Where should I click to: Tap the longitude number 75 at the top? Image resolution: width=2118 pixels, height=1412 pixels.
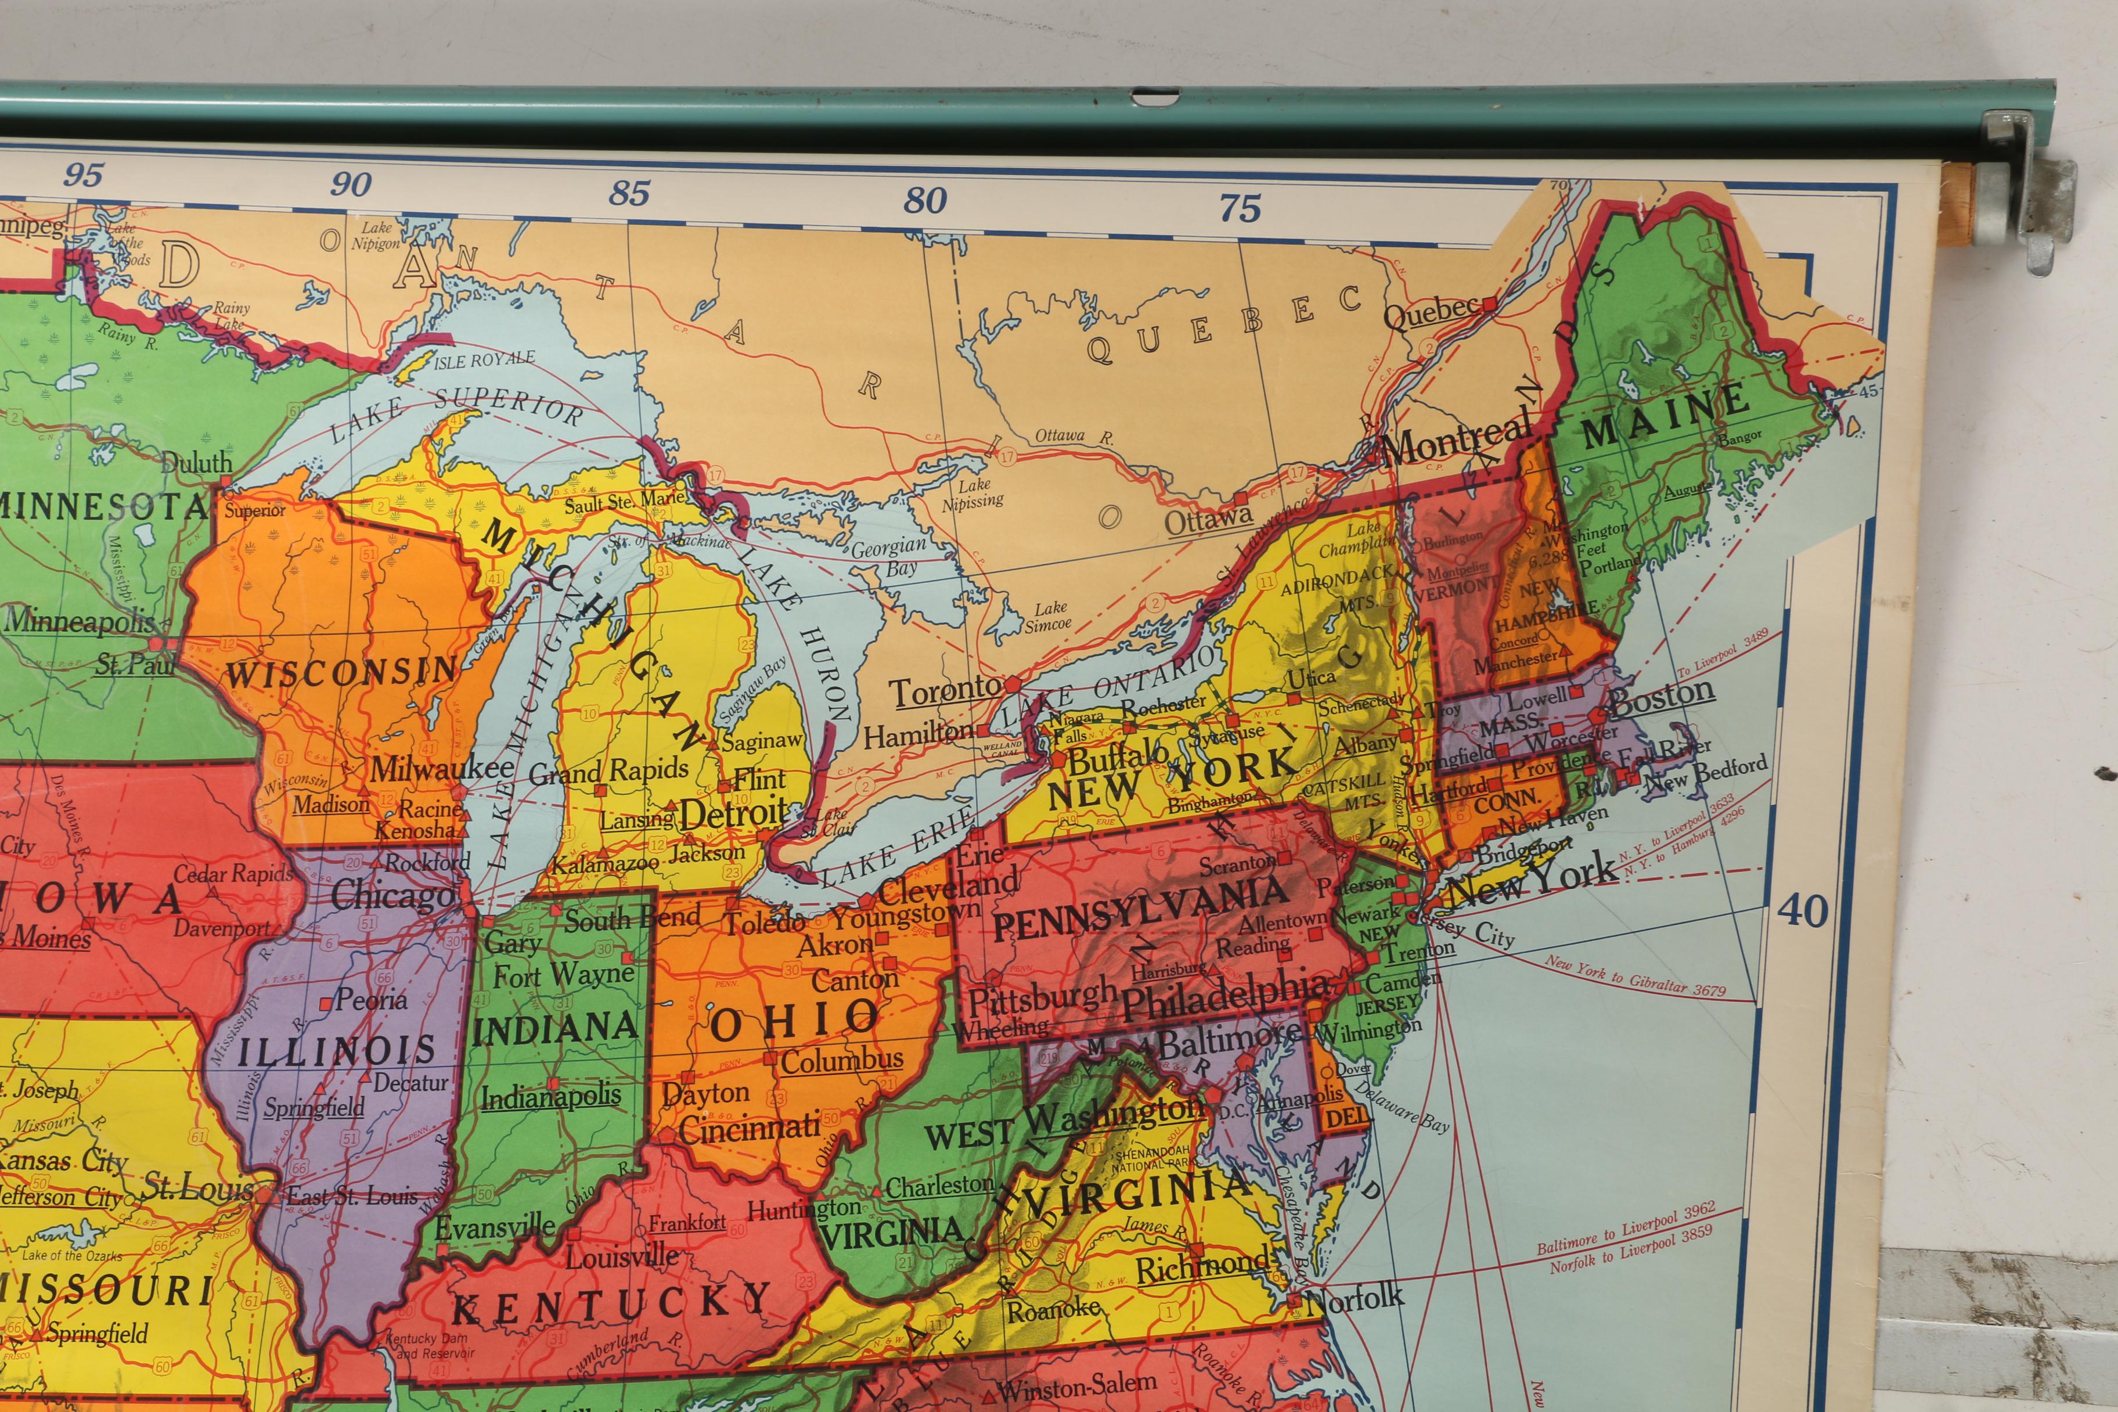pos(1240,209)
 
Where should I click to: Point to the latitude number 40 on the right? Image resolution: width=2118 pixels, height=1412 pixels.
pos(1802,912)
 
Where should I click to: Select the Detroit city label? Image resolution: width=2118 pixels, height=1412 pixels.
pos(733,813)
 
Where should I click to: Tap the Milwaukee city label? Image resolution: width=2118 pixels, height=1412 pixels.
pos(441,768)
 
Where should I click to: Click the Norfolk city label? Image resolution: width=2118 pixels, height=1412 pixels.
pos(1353,1298)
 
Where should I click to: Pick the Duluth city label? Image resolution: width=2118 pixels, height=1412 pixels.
pos(196,463)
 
